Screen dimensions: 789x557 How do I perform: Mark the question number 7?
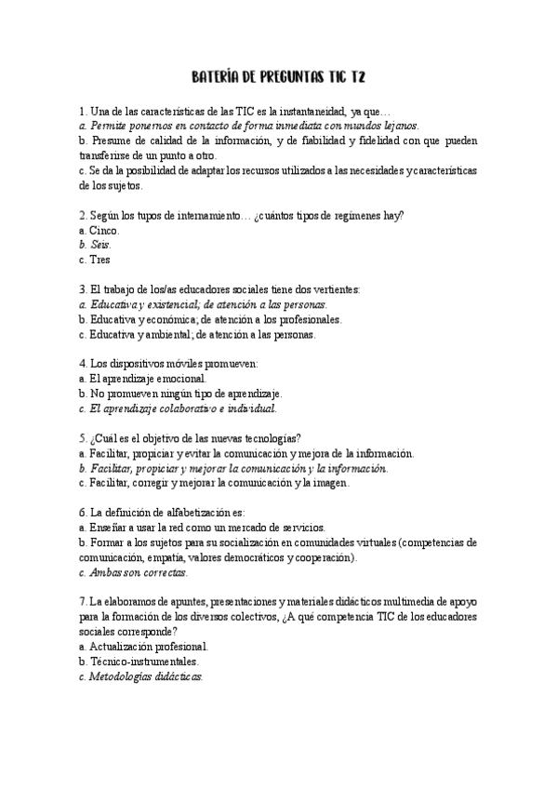(x=83, y=602)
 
